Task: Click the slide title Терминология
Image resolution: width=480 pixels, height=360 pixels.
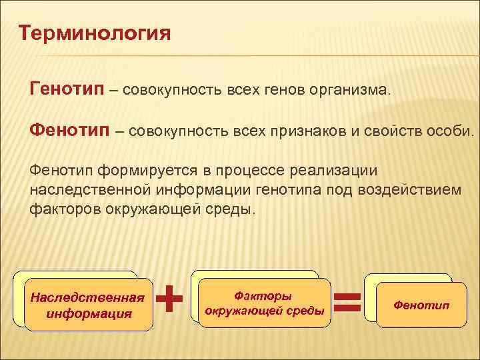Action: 95,34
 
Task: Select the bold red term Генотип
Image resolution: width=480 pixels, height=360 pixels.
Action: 67,89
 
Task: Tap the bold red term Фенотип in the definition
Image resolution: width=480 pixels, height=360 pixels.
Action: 69,129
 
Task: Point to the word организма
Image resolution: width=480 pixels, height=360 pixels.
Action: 350,90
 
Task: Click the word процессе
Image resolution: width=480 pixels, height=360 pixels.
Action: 250,171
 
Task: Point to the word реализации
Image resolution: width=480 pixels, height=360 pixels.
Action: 334,171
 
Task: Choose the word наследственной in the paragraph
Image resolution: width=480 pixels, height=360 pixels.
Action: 90,190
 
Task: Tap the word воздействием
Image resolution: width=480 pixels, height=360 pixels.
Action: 409,190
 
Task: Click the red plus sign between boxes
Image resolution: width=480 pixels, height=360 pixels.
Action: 169,299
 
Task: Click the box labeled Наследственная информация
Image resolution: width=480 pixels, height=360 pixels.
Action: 89,305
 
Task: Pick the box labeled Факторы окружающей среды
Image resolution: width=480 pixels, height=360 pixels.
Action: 265,303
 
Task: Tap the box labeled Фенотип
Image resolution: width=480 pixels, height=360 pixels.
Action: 421,305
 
